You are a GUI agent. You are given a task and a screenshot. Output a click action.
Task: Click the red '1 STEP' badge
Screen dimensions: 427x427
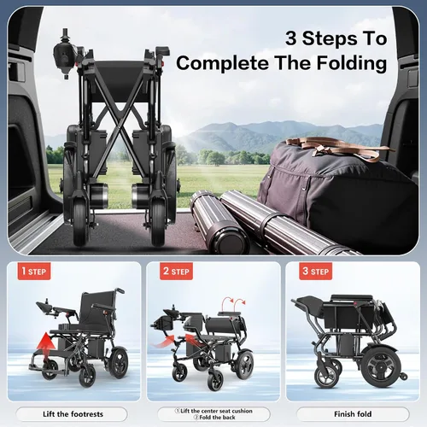(x=34, y=271)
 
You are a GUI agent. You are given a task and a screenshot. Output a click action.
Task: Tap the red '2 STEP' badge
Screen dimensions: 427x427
(x=176, y=271)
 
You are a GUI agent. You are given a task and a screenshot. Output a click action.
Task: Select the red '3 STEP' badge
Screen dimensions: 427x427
(x=316, y=271)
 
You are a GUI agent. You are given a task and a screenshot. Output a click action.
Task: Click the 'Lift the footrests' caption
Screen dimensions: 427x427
(x=73, y=414)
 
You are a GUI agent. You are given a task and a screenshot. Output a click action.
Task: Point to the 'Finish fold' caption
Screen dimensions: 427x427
(x=353, y=414)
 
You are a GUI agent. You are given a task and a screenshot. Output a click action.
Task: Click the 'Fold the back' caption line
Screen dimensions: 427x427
(x=214, y=418)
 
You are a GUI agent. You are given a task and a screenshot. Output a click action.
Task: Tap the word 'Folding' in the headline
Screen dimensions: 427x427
(x=352, y=62)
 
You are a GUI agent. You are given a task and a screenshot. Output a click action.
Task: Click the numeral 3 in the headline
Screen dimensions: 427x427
(x=291, y=38)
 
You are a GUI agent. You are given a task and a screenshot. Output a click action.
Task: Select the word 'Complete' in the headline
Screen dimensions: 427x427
(x=223, y=63)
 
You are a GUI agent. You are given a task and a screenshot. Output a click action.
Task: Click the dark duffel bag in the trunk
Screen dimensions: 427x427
(x=336, y=194)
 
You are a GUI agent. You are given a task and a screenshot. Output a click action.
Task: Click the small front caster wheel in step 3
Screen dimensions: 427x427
(x=326, y=375)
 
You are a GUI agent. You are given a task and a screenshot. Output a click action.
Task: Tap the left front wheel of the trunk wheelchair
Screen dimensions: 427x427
(x=79, y=225)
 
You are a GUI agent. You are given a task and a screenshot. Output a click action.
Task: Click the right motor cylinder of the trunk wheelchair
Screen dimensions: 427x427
(x=139, y=196)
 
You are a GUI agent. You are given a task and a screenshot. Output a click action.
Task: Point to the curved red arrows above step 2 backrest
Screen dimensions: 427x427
(x=234, y=301)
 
